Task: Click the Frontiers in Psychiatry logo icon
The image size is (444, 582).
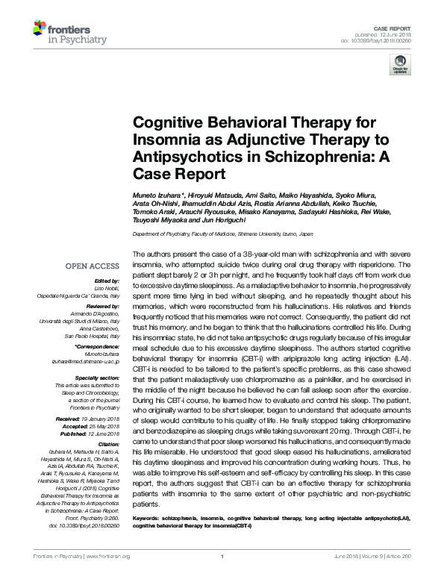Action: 41,31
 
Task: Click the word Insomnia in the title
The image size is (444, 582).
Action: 163,140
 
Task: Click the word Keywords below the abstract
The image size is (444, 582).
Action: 147,516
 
